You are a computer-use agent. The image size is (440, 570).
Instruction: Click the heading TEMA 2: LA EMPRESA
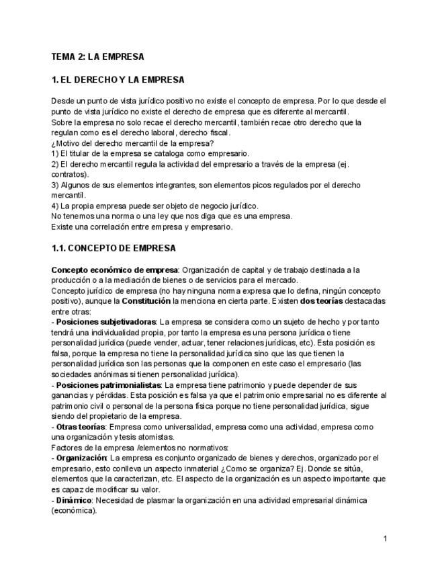97,56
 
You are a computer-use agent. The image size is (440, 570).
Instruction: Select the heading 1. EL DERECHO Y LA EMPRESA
118,80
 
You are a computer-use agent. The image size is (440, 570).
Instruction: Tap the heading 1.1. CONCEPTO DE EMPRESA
114,248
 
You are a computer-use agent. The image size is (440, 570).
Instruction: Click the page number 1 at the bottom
385,538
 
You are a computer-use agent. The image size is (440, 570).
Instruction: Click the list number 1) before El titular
55,153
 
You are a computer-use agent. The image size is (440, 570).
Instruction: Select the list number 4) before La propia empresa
55,206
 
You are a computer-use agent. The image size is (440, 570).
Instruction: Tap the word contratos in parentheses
68,174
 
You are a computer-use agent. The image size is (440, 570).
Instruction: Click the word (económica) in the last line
74,511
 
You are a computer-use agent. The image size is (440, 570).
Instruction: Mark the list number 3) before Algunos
55,185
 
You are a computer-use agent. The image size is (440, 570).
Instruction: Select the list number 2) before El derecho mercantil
55,164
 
